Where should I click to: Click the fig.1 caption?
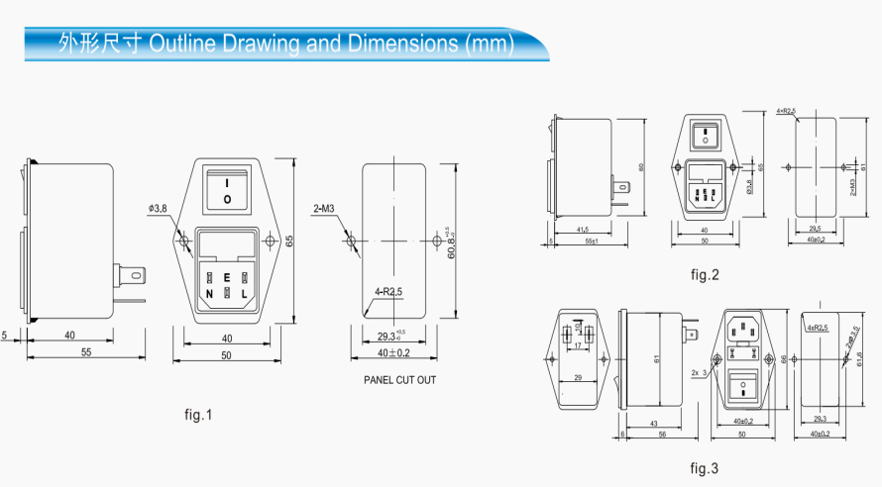point(198,415)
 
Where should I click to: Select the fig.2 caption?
point(703,274)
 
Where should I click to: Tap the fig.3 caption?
point(704,466)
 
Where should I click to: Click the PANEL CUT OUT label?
point(399,380)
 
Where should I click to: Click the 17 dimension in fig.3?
point(577,345)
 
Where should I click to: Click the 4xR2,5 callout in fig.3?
point(818,327)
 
